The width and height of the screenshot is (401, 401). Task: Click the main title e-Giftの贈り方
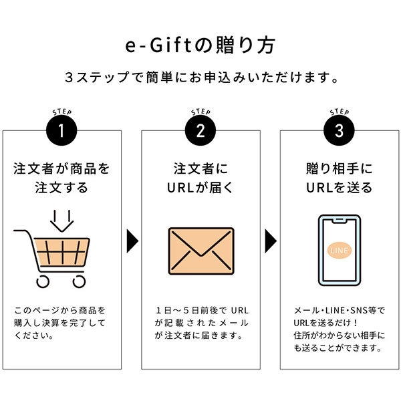click(x=200, y=45)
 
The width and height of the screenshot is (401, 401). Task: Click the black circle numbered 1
click(x=61, y=130)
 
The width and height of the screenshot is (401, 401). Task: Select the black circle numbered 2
click(x=200, y=130)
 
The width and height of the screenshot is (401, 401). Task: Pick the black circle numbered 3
click(x=339, y=130)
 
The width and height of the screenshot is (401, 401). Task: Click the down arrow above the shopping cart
click(x=62, y=221)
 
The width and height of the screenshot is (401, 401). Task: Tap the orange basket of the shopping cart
click(x=61, y=252)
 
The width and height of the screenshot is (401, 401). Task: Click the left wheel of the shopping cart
click(x=43, y=281)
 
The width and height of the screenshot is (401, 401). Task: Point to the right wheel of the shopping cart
click(x=79, y=281)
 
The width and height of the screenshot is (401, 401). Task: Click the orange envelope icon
click(x=201, y=251)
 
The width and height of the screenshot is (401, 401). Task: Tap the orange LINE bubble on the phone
click(x=340, y=251)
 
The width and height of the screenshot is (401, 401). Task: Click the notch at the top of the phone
click(x=340, y=220)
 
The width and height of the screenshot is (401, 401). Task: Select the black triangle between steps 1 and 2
click(x=132, y=241)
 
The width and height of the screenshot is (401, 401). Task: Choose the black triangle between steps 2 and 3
click(x=271, y=241)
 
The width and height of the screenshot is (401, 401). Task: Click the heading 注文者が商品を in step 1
click(x=61, y=169)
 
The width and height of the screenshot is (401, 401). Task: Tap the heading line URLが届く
click(x=200, y=187)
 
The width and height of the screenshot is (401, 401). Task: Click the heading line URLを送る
click(x=339, y=187)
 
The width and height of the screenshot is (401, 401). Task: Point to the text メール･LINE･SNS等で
click(x=339, y=311)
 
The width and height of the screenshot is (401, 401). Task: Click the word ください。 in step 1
click(x=34, y=336)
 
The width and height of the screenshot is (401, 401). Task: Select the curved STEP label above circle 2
click(x=200, y=112)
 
